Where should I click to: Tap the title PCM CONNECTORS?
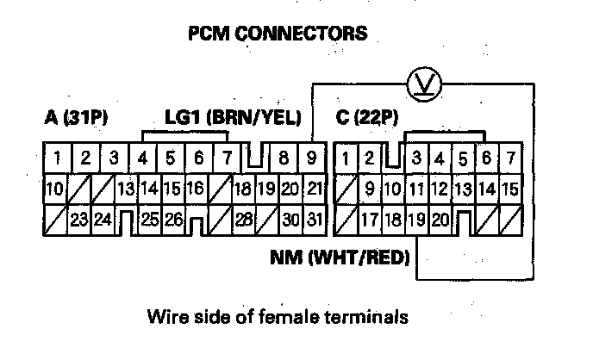click(278, 34)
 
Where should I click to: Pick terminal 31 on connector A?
click(314, 220)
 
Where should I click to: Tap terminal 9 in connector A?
click(313, 158)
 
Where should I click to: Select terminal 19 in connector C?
click(417, 220)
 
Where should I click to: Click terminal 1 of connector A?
click(57, 158)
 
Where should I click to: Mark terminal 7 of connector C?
click(510, 158)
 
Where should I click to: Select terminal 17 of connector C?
click(371, 220)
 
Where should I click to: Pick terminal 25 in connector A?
click(150, 220)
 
